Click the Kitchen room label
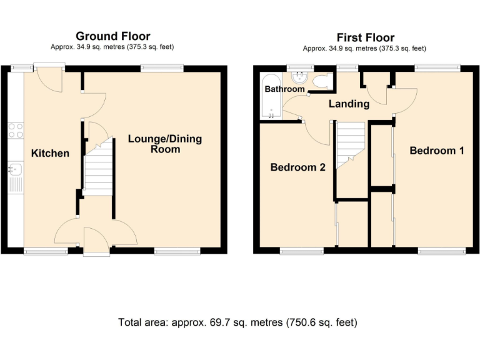click(x=50, y=153)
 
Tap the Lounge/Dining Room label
click(x=165, y=144)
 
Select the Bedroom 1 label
click(x=437, y=151)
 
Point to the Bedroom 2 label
click(x=298, y=167)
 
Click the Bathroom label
click(x=284, y=89)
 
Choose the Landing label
click(x=349, y=104)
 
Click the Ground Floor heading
click(x=112, y=36)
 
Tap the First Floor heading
click(x=366, y=37)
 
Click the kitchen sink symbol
click(x=16, y=169)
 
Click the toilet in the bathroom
click(x=321, y=81)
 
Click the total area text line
click(x=237, y=323)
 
